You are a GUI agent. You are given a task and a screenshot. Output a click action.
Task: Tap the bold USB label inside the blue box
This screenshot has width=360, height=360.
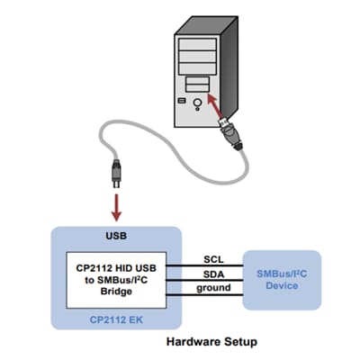(x=116, y=236)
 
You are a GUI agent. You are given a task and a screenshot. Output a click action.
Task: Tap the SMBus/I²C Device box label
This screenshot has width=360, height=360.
(x=282, y=279)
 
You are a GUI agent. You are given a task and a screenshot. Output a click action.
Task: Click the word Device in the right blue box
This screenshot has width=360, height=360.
(x=282, y=286)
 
